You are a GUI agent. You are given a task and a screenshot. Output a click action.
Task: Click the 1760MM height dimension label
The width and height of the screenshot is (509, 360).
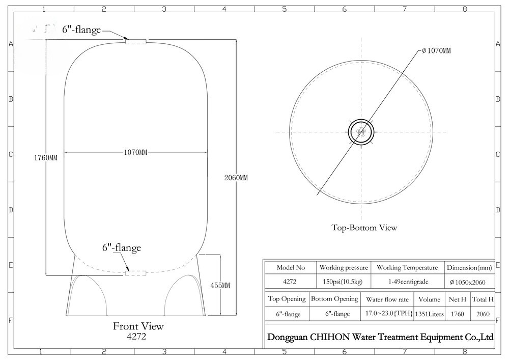click(46, 158)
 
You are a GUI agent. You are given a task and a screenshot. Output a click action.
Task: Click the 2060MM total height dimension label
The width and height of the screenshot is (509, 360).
click(236, 178)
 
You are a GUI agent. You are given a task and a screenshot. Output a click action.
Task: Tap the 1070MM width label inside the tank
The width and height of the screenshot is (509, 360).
click(135, 152)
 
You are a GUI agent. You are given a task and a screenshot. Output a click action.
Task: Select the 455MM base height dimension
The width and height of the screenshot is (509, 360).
click(220, 285)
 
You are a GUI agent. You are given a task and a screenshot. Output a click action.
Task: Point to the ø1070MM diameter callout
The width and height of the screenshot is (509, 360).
click(436, 50)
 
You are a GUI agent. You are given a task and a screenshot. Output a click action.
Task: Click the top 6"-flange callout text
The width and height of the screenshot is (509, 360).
click(81, 30)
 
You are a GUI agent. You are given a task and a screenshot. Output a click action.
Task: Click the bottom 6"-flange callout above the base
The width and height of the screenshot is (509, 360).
click(122, 247)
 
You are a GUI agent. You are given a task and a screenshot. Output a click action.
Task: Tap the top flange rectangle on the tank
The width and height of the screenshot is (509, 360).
click(136, 41)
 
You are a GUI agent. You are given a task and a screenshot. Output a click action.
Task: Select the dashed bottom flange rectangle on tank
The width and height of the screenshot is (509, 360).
click(136, 273)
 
